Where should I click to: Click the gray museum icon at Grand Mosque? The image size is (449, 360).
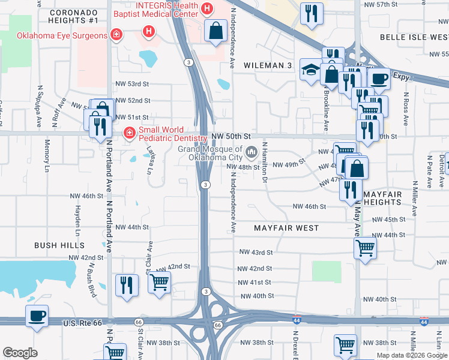(x=251, y=150)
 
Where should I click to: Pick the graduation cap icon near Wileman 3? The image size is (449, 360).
(x=310, y=70)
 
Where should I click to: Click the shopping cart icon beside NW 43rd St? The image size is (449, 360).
(x=366, y=247)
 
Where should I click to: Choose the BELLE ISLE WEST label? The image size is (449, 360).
(x=414, y=37)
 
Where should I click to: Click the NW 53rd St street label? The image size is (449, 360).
(x=131, y=85)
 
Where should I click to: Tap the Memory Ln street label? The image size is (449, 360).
(x=47, y=154)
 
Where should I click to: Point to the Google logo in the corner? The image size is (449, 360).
(x=20, y=353)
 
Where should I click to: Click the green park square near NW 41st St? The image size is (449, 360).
(x=327, y=271)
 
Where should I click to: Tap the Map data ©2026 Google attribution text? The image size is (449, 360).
(x=411, y=355)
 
